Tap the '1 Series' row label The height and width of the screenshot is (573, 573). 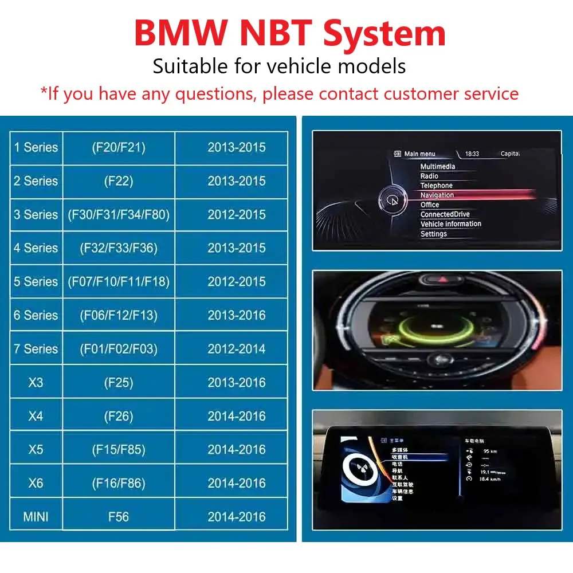tap(36, 148)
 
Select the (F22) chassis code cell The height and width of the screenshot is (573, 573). tap(119, 181)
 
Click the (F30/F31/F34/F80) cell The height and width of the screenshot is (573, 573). tap(119, 215)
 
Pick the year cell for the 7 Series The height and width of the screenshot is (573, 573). tap(237, 349)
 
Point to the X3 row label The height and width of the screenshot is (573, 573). tap(36, 382)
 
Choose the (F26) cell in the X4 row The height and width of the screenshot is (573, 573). tap(119, 416)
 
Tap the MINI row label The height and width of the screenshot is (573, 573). tap(36, 517)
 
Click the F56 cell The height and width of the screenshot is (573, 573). tap(119, 517)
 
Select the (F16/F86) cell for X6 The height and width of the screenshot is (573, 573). tap(119, 483)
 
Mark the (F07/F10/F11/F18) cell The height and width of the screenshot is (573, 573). tap(119, 282)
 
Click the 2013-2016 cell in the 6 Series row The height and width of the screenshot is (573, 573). tap(237, 315)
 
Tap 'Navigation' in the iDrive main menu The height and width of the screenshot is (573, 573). tap(437, 195)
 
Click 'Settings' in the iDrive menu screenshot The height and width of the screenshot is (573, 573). tap(433, 234)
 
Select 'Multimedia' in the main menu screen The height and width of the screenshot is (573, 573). tap(438, 167)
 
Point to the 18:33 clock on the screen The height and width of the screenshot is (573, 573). tap(472, 154)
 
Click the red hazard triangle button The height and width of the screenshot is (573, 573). tap(442, 279)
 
